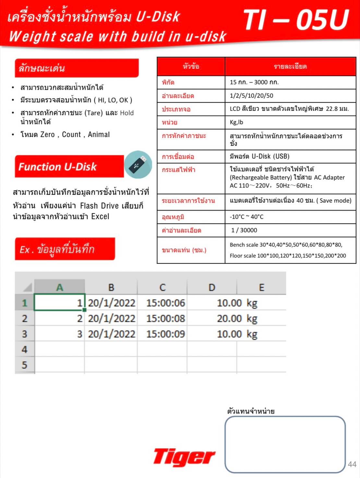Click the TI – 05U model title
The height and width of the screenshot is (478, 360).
tap(296, 20)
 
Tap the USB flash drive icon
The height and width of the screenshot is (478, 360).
tap(138, 164)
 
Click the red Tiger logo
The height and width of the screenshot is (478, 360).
tap(184, 457)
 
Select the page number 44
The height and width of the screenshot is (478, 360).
tap(352, 464)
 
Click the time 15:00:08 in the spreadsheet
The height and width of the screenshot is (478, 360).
tap(165, 319)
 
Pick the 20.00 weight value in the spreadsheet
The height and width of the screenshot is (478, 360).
tap(229, 319)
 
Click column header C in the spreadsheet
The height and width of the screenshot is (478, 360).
tap(162, 287)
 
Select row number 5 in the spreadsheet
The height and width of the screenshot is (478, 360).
tap(24, 365)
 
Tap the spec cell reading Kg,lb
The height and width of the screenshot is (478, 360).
tap(236, 122)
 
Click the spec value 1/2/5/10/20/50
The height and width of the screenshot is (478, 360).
tap(251, 96)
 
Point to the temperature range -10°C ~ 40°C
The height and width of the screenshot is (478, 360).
tap(246, 217)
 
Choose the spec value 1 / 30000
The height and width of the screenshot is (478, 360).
tap(244, 230)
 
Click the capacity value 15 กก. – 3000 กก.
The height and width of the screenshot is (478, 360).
tap(254, 82)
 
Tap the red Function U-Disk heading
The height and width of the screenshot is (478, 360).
tap(58, 167)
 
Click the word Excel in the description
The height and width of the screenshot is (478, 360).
tap(100, 216)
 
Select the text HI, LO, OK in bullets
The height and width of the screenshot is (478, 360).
tap(113, 100)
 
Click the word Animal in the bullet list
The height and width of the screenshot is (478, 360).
tap(99, 134)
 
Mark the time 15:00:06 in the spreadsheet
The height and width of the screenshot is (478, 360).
tap(165, 303)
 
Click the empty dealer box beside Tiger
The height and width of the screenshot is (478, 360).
tap(285, 444)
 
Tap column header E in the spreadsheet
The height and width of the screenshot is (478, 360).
tap(261, 287)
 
